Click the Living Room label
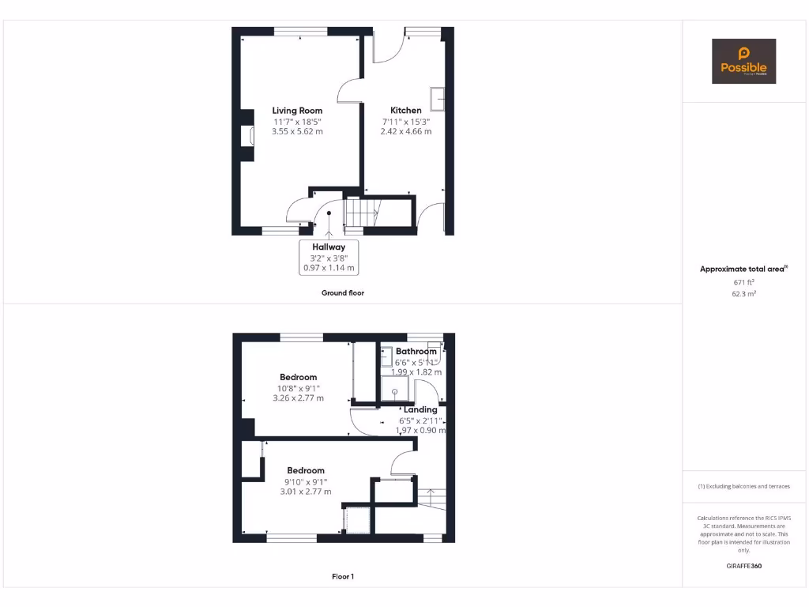pyautogui.click(x=297, y=111)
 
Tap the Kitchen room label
pyautogui.click(x=406, y=111)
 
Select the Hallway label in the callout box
pyautogui.click(x=329, y=247)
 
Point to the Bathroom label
pyautogui.click(x=416, y=351)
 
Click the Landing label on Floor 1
pyautogui.click(x=420, y=409)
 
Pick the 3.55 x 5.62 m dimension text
pyautogui.click(x=297, y=131)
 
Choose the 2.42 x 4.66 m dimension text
pyautogui.click(x=406, y=131)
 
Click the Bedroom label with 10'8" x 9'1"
pyautogui.click(x=298, y=377)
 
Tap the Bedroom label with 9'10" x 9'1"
pyautogui.click(x=306, y=470)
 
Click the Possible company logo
pyautogui.click(x=743, y=62)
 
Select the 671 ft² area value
pyautogui.click(x=743, y=281)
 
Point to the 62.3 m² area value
pyautogui.click(x=743, y=293)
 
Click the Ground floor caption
pyautogui.click(x=342, y=292)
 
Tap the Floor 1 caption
pyautogui.click(x=342, y=577)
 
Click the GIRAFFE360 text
pyautogui.click(x=743, y=566)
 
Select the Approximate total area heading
pyautogui.click(x=743, y=269)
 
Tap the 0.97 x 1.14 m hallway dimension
pyautogui.click(x=329, y=268)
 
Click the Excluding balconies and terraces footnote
pyautogui.click(x=743, y=486)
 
